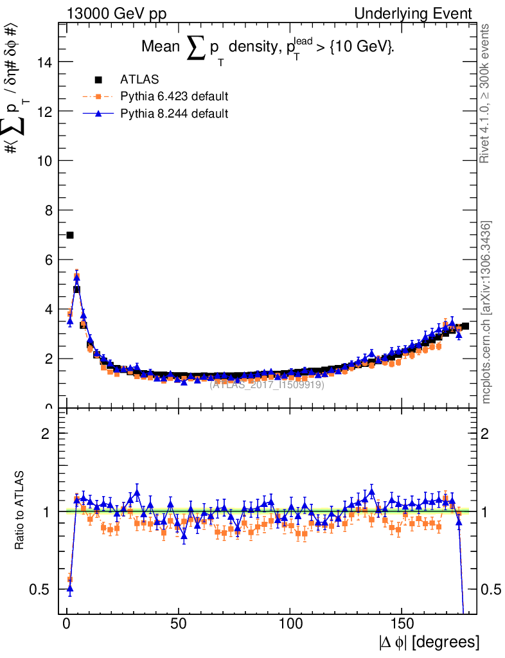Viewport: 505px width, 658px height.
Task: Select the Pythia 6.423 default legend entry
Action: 174,96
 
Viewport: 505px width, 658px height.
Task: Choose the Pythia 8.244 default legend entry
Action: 174,113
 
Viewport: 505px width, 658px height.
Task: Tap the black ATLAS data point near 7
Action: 70,235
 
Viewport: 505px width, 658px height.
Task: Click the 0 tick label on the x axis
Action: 67,623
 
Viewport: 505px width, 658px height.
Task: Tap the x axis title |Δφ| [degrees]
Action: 429,642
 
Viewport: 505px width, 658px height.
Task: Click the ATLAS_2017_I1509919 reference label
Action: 267,385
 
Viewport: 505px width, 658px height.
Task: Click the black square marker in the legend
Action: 98,80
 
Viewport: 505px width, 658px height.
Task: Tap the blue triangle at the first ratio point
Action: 70,588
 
